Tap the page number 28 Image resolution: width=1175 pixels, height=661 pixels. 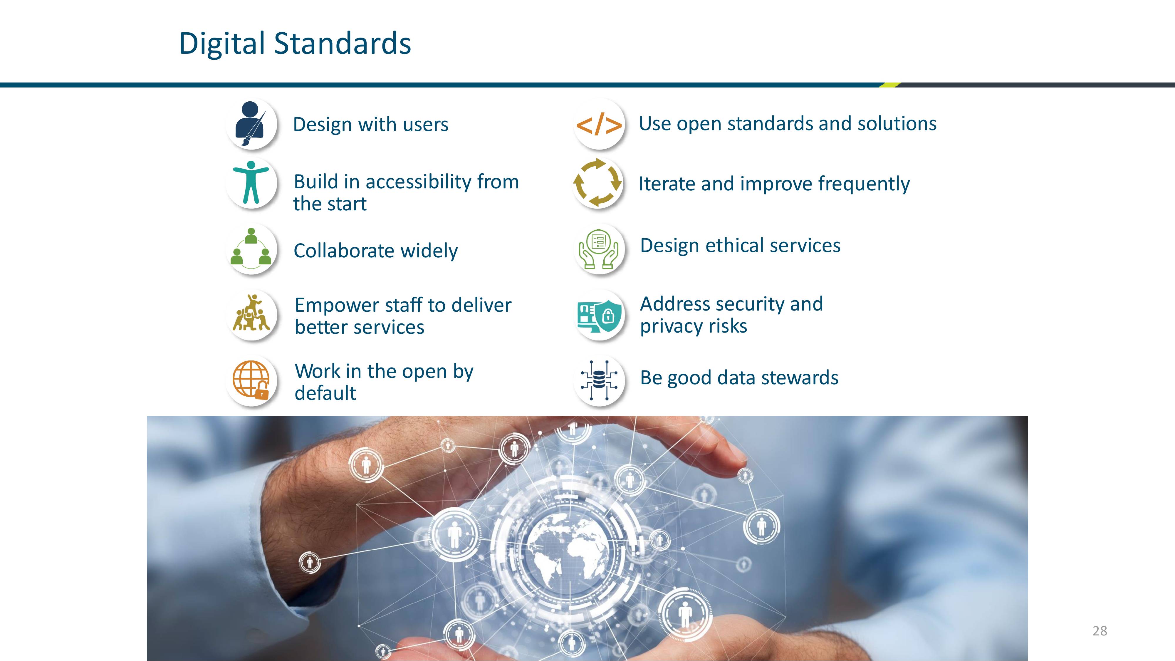[x=1100, y=631]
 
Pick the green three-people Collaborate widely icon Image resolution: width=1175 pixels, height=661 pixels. [x=251, y=249]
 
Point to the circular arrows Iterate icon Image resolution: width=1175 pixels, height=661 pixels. [x=597, y=182]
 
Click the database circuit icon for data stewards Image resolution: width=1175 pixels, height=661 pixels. [x=599, y=380]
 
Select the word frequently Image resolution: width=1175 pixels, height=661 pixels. [x=864, y=184]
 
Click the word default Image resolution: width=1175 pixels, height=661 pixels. [x=325, y=393]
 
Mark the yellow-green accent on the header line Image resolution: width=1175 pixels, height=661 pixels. [x=889, y=85]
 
